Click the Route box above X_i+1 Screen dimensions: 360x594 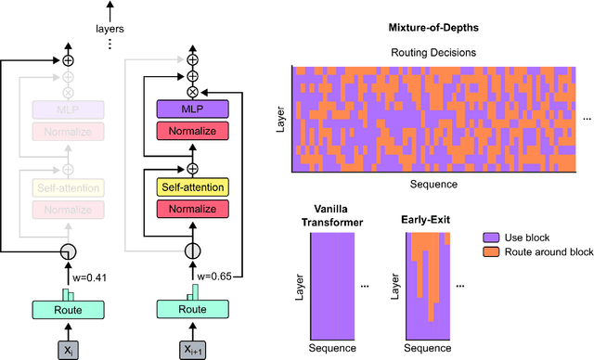tap(191, 310)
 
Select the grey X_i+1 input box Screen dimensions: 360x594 tap(191, 348)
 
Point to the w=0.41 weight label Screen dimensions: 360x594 tap(90, 276)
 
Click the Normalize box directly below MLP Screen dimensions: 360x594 tap(191, 131)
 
